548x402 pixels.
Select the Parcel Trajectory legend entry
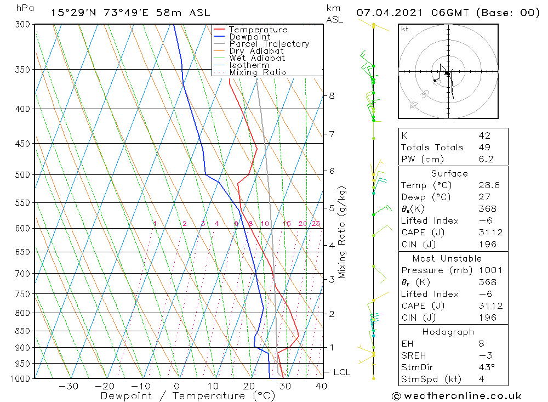[269, 44]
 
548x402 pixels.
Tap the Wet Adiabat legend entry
[256, 58]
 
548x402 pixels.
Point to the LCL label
[341, 372]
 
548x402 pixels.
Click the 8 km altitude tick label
[332, 96]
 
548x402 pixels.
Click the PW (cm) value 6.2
[486, 160]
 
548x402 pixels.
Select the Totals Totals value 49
[484, 148]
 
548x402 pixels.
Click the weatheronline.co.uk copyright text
[456, 396]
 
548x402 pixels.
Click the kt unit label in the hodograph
[404, 29]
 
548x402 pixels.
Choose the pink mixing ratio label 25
[316, 224]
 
